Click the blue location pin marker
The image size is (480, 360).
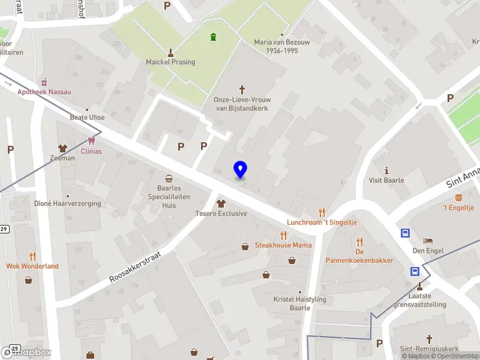tap(240, 170)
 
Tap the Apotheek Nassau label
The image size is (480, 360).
tap(44, 92)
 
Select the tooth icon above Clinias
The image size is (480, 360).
tap(91, 141)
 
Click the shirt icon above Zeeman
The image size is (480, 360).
tap(62, 148)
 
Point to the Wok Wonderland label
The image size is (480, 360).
tap(32, 266)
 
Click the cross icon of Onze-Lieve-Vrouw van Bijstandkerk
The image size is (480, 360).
tap(242, 89)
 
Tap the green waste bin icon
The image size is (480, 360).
tap(213, 38)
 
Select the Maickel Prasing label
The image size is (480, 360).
tap(170, 62)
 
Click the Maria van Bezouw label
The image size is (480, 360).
tap(276, 46)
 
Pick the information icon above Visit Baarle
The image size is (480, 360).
tap(386, 170)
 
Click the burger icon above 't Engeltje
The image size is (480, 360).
tap(458, 197)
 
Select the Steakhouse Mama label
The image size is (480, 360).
tap(283, 245)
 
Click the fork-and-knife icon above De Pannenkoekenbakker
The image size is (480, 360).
tap(359, 242)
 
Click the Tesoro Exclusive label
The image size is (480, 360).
tap(221, 214)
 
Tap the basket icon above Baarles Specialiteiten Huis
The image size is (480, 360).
tap(169, 178)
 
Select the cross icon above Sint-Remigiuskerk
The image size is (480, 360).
tap(428, 339)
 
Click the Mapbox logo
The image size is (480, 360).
tap(27, 352)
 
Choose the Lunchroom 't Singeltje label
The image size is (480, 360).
tap(322, 222)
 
